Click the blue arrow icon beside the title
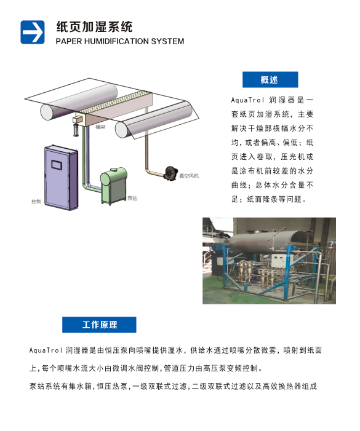pos(33,32)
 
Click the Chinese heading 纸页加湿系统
pos(94,27)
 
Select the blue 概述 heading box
pos(270,80)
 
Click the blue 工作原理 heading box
pos(99,325)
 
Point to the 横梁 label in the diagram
pos(100,127)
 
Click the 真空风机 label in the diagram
pos(189,176)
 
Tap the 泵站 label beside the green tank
pos(132,198)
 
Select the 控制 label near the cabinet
pos(36,202)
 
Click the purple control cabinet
pos(61,178)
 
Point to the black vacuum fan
pos(171,173)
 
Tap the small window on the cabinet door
pos(57,165)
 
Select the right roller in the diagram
pos(154,120)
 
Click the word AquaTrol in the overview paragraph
pos(247,100)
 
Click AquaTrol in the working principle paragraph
pos(46,350)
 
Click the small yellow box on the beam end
pos(78,119)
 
